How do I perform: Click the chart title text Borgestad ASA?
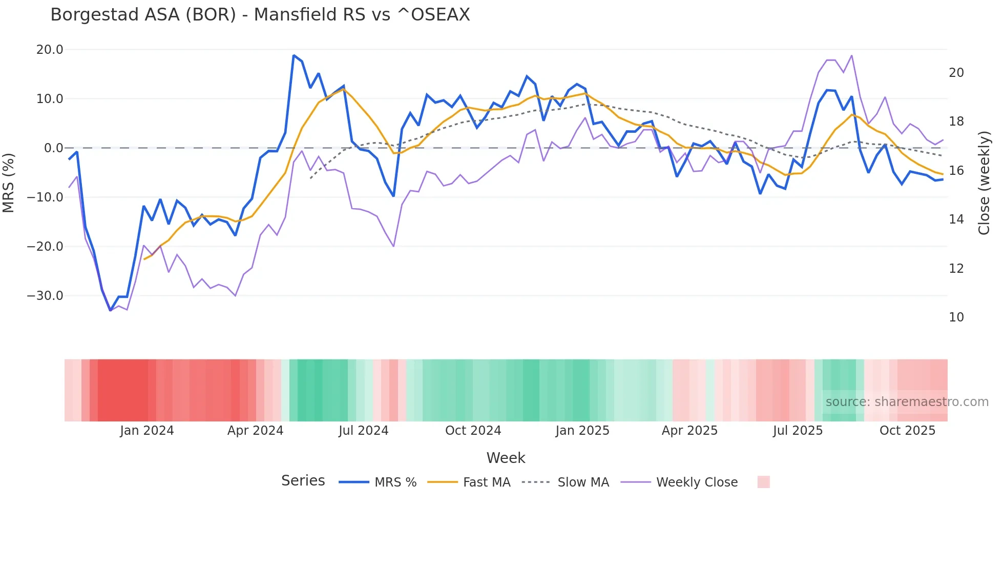[x=143, y=15]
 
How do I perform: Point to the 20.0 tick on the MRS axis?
[x=50, y=50]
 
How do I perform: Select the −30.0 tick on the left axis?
[x=45, y=296]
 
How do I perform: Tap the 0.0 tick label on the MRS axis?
[x=53, y=148]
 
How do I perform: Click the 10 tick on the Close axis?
[x=956, y=317]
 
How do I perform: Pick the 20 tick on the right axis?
[x=956, y=73]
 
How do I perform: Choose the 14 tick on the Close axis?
[x=956, y=219]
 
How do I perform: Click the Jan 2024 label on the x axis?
[x=147, y=431]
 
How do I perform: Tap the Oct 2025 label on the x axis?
[x=907, y=431]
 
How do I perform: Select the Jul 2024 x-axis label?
[x=363, y=431]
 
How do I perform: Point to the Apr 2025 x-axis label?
[x=689, y=431]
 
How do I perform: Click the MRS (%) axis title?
[x=9, y=183]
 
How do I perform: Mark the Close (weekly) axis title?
[x=984, y=183]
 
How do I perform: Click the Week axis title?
[x=506, y=458]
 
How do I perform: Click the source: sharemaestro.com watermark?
[x=907, y=402]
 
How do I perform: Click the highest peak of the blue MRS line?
[x=294, y=55]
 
